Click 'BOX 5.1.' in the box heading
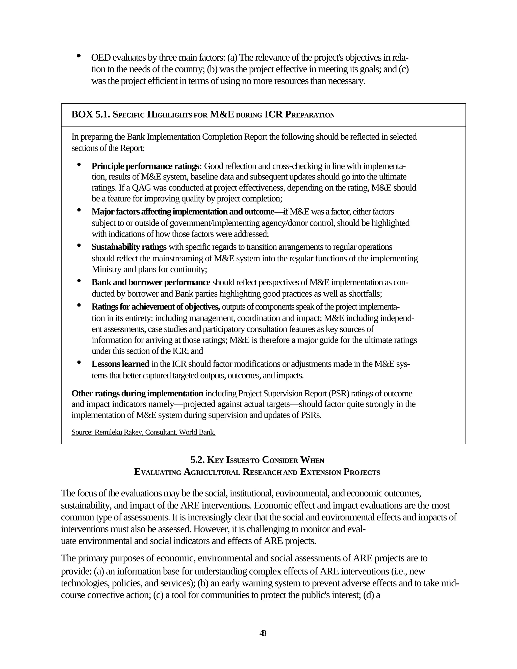point(91,115)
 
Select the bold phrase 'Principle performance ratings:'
point(146,166)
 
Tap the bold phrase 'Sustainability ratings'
point(129,247)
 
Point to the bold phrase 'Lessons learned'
point(120,364)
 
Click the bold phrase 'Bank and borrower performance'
point(151,282)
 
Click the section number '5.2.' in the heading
point(198,460)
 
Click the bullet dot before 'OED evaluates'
point(79,56)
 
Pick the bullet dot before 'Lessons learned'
point(79,362)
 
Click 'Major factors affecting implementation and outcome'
point(183,212)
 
